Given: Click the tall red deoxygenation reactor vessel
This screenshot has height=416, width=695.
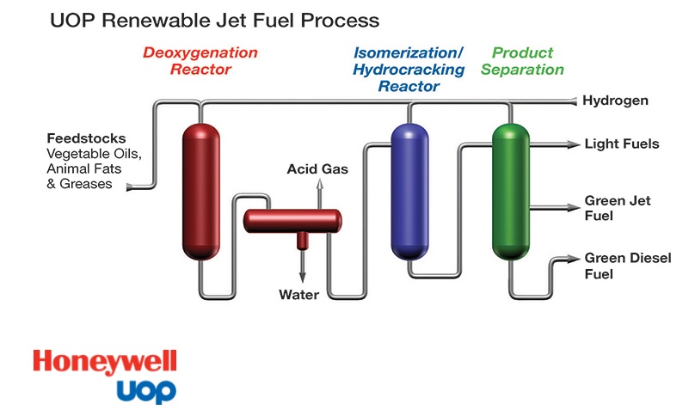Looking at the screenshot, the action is (x=200, y=192).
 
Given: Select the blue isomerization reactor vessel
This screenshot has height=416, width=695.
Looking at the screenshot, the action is (x=409, y=192).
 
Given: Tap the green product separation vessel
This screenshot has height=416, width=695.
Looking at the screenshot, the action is (x=511, y=192).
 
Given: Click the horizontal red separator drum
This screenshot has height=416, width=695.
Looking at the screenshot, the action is (x=292, y=221).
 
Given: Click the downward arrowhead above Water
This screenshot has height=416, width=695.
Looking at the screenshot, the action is (x=302, y=278).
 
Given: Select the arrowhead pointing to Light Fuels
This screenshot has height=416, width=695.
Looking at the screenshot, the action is (x=575, y=144).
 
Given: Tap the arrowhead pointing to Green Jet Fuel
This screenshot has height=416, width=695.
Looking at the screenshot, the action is (x=575, y=207).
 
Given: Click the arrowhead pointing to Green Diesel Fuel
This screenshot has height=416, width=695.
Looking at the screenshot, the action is (x=575, y=259).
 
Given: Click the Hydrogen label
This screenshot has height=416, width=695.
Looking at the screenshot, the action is (x=615, y=101).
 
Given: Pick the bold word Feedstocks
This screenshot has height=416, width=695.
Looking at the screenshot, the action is (x=86, y=138).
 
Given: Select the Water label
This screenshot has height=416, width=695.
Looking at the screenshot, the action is (x=298, y=295).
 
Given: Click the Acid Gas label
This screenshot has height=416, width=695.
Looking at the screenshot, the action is (x=317, y=168).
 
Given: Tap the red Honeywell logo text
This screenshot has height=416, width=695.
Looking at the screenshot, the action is (x=105, y=362).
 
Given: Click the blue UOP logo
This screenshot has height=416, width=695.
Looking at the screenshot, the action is (x=146, y=391).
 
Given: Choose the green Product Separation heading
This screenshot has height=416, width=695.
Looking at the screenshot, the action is (x=522, y=61).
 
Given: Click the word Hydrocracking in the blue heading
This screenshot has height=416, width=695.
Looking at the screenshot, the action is (x=409, y=70).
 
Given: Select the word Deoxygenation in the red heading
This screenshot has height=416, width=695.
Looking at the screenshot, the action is (x=200, y=52).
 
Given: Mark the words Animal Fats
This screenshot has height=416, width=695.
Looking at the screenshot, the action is (x=83, y=168).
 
